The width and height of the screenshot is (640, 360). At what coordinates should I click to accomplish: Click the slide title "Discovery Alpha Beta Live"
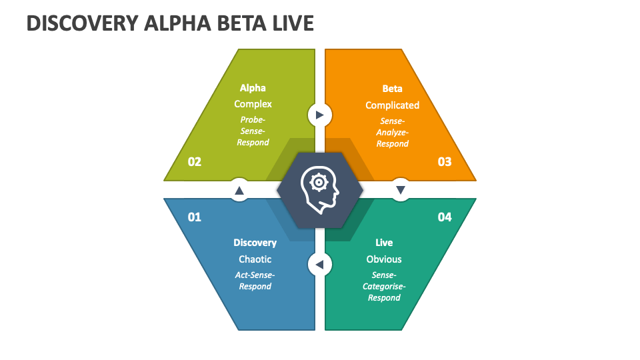[170, 23]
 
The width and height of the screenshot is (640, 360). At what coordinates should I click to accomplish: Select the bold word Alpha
[253, 88]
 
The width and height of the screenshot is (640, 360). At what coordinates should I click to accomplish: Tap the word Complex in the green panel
[253, 104]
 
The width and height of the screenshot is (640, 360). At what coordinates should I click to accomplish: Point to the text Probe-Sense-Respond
[253, 131]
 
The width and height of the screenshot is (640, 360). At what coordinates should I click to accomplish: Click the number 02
[195, 161]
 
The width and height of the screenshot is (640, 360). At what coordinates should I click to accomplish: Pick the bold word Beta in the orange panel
[392, 89]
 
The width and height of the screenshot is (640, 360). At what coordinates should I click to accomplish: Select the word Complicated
[392, 105]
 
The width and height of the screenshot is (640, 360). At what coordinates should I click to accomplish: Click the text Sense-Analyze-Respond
[392, 132]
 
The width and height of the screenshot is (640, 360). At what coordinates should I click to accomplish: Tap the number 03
[444, 161]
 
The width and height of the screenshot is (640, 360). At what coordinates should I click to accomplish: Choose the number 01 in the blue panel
[195, 217]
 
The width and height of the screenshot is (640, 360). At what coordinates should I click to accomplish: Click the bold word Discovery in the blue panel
[255, 243]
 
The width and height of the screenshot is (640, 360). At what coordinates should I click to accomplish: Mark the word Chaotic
[255, 259]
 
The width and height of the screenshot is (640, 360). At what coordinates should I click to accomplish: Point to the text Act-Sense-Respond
[255, 280]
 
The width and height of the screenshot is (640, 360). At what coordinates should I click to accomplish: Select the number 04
[444, 217]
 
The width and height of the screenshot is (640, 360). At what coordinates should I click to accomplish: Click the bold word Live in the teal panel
[384, 243]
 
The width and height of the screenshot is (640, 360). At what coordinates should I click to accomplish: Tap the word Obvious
[384, 259]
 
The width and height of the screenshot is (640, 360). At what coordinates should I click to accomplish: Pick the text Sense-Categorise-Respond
[384, 286]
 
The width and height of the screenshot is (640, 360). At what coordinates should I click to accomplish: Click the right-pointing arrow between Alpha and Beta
[319, 115]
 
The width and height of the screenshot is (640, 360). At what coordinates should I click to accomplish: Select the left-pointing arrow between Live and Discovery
[319, 265]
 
